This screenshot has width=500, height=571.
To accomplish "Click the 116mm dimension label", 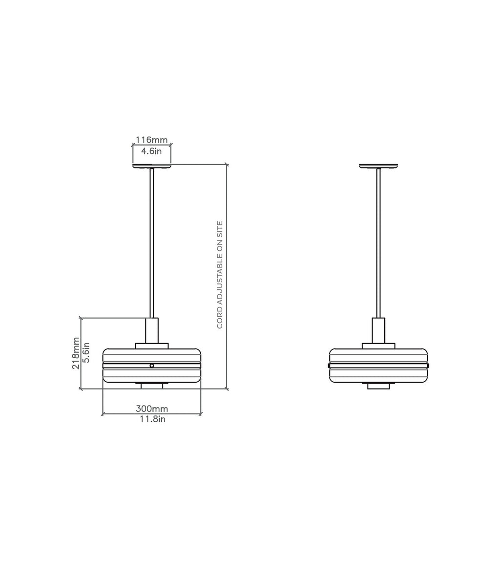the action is [x=151, y=140].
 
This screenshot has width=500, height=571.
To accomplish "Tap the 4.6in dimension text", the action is [x=151, y=151].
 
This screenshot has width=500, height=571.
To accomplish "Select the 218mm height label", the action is [x=76, y=353].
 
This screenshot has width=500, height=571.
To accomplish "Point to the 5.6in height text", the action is [x=86, y=353].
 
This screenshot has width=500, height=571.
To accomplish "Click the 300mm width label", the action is [x=152, y=408].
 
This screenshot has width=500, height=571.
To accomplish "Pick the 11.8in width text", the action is [x=153, y=419].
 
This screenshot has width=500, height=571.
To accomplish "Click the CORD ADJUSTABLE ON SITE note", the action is [x=219, y=275].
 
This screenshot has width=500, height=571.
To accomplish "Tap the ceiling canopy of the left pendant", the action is [x=151, y=166].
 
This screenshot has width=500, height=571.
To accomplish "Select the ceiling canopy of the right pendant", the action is [x=378, y=166].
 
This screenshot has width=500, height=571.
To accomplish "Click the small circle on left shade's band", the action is [x=151, y=365].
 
